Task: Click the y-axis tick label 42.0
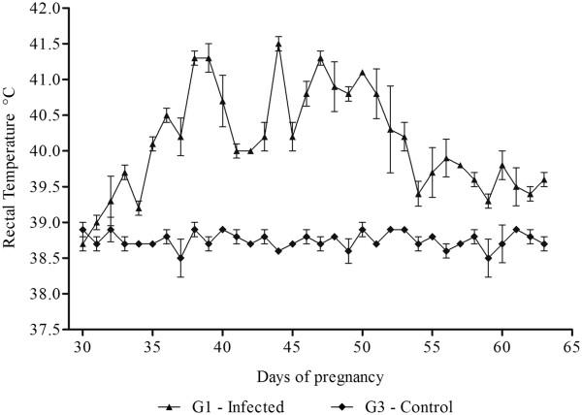tap(45, 8)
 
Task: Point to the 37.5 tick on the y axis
tap(45, 330)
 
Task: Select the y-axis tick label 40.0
tap(45, 151)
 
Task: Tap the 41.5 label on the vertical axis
tap(45, 44)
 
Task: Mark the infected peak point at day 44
tap(278, 44)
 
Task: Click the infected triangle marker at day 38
tap(194, 58)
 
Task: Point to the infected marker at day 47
tap(320, 58)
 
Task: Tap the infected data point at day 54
tap(418, 194)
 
